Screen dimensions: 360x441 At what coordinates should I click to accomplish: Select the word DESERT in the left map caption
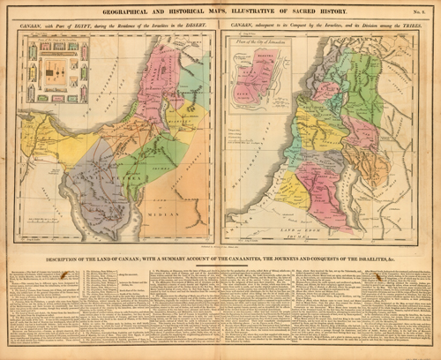point(199,30)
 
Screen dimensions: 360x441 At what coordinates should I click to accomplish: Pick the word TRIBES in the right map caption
point(407,30)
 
